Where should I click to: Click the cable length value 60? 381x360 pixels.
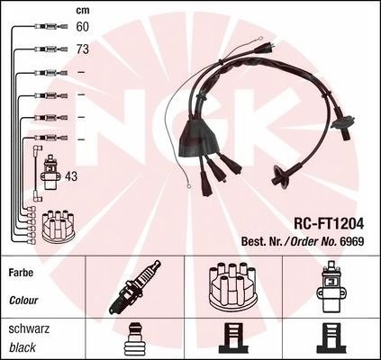83,27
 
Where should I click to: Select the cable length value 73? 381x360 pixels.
83,49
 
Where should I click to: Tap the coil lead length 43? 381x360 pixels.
71,176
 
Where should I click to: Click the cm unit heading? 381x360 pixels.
83,11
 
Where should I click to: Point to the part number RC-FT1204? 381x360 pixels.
329,223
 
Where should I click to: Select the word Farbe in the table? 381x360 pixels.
21,273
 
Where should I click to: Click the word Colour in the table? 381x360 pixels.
23,301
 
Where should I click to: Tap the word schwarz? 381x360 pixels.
29,328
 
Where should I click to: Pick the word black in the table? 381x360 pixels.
23,347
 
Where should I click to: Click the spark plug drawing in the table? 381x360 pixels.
134,287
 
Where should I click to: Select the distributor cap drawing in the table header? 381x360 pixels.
232,286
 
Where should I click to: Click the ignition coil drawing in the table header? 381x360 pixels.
331,286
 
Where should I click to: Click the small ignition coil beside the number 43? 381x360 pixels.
52,172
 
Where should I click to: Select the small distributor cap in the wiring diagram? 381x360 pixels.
58,226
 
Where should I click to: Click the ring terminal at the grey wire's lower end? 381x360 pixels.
189,187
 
